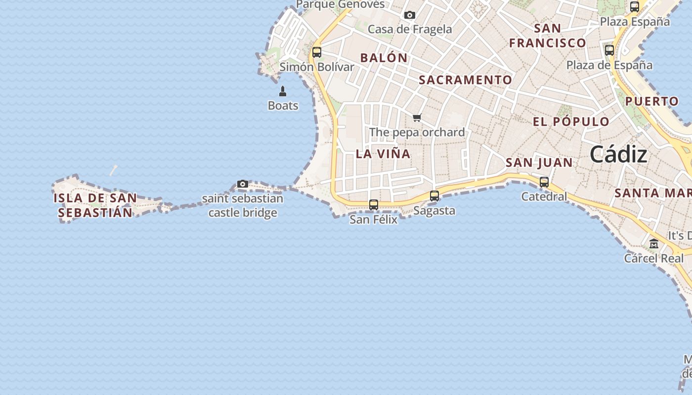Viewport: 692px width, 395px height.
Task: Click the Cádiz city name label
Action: coord(618,155)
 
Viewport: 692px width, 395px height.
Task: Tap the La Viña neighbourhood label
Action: coord(383,154)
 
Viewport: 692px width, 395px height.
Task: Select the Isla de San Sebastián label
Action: coord(95,205)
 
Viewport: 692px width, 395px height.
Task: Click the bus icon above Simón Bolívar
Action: coord(317,52)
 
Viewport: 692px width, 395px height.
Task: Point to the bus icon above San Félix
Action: coord(374,204)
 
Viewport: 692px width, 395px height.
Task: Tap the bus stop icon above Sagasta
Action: coord(434,196)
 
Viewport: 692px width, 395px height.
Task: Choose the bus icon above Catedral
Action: coord(544,182)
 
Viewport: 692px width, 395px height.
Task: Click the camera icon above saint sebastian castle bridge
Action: coord(242,184)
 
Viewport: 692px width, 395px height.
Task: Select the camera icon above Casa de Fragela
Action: coord(410,15)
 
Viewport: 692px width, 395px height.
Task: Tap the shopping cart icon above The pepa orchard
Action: coord(417,118)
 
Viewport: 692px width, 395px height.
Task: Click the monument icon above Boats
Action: coord(283,91)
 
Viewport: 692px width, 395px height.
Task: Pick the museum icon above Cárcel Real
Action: coord(654,244)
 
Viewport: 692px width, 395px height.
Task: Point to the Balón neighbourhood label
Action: coord(384,58)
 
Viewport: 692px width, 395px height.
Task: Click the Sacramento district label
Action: coord(466,79)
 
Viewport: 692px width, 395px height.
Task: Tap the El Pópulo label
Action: coord(571,121)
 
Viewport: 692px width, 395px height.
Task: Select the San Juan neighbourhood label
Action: coord(539,162)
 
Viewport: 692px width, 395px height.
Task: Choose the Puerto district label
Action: coord(652,101)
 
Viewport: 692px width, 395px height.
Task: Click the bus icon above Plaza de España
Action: coord(609,50)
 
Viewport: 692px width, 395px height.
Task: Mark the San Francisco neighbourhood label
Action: coord(548,35)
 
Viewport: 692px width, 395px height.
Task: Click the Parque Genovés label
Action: coord(340,4)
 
